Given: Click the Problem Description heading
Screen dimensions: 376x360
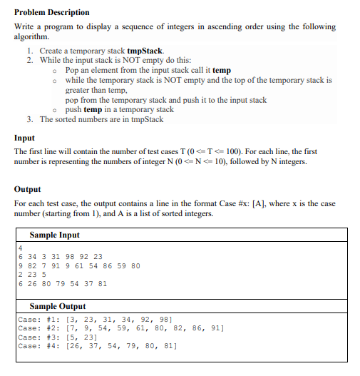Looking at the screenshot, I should click(x=52, y=12).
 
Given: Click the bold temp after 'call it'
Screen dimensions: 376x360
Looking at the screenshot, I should click(x=222, y=71).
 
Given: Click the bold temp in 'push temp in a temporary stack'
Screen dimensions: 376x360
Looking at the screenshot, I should click(x=93, y=110).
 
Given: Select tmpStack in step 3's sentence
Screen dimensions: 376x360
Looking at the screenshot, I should click(x=145, y=119).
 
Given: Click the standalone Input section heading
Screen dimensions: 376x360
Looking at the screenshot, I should click(x=24, y=138).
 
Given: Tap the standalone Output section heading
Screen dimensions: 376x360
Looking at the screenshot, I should click(x=28, y=190).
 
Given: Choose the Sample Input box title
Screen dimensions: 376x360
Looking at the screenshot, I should click(x=54, y=235).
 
